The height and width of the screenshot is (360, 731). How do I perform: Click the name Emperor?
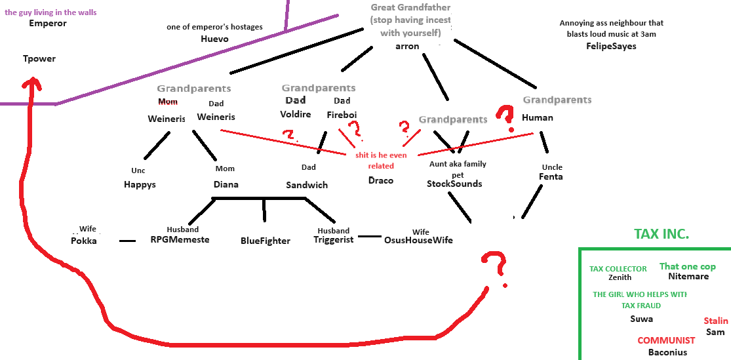tap(48, 24)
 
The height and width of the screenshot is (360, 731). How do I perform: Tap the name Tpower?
tap(39, 59)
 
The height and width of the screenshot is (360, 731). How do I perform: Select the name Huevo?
tap(214, 39)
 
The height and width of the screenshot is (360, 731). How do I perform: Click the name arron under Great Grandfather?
tap(407, 46)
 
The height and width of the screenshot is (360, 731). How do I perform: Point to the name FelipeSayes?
tap(611, 46)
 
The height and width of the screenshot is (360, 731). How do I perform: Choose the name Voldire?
tap(295, 114)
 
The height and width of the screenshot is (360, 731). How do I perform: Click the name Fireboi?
tap(342, 114)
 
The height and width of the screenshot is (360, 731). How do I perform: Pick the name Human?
tap(538, 118)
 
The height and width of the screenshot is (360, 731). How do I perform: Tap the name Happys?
tap(140, 185)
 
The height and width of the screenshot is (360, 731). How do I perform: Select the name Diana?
tap(226, 184)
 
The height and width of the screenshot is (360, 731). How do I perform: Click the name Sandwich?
tap(307, 185)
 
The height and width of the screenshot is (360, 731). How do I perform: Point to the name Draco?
tap(381, 180)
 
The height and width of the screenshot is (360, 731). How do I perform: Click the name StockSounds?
tap(454, 184)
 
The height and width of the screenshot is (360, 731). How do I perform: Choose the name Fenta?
tap(551, 177)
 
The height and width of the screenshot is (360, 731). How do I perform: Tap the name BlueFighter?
tap(266, 241)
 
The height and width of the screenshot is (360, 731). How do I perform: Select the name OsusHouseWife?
tap(418, 240)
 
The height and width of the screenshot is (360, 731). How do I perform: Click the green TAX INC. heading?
tap(662, 234)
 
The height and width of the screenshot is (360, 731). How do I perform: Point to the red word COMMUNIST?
tap(666, 340)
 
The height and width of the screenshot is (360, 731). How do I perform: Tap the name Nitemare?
tap(688, 277)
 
